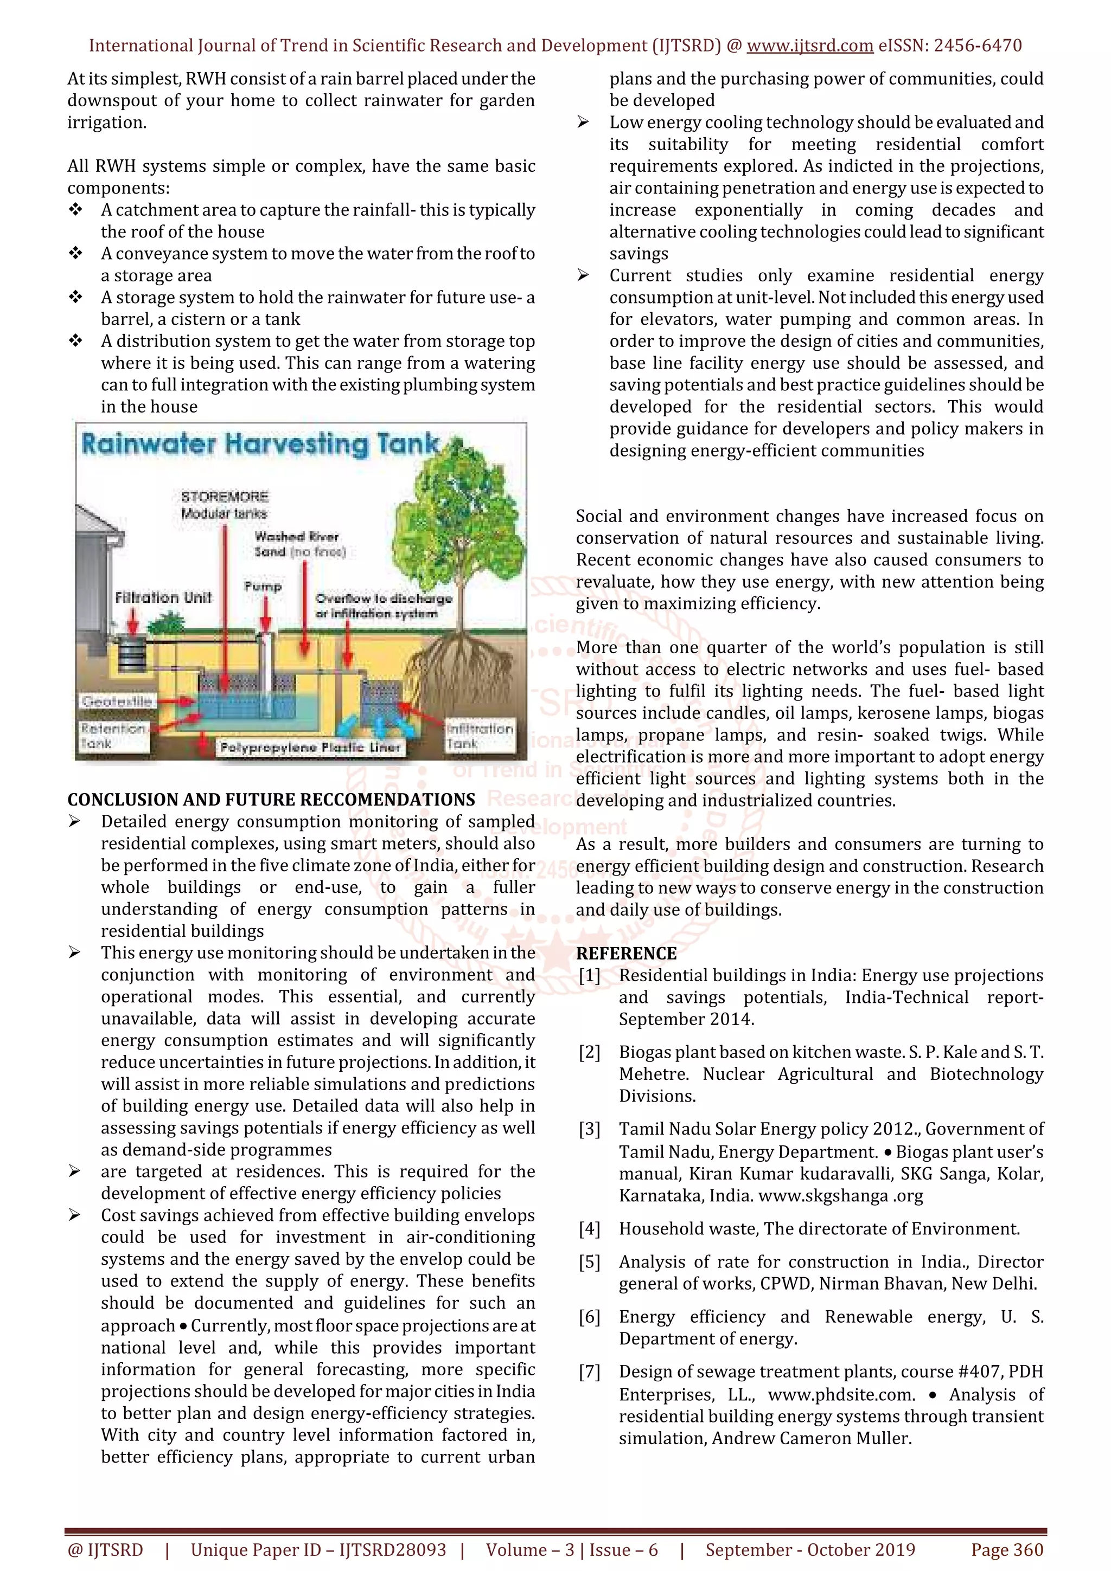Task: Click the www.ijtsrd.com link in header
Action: click(809, 46)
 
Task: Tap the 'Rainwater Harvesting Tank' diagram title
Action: click(260, 444)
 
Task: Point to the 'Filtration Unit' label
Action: click(163, 597)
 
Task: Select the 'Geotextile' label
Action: click(117, 701)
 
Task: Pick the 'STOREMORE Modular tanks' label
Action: click(225, 504)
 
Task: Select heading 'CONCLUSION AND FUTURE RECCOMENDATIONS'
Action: click(271, 800)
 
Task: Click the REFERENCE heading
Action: click(625, 953)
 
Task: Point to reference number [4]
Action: click(589, 1229)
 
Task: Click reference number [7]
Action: click(589, 1372)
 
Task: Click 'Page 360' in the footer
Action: click(1007, 1550)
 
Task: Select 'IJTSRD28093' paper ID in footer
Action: click(393, 1550)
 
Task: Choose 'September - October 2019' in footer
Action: click(810, 1550)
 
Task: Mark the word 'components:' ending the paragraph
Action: click(118, 188)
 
